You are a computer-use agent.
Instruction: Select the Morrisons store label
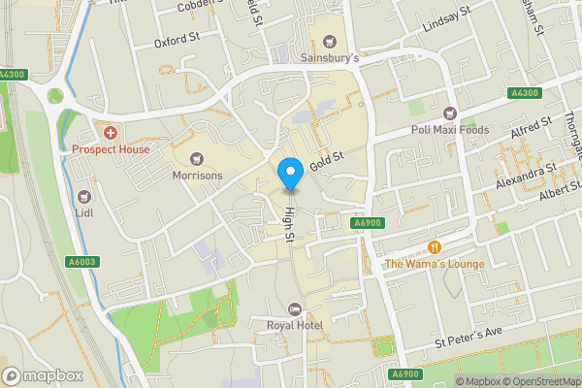tap(197, 176)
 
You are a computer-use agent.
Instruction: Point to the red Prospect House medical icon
tap(111, 132)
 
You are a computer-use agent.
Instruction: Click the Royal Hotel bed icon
tap(295, 308)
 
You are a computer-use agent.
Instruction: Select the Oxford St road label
tap(176, 43)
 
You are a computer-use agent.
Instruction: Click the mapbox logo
tap(43, 374)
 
